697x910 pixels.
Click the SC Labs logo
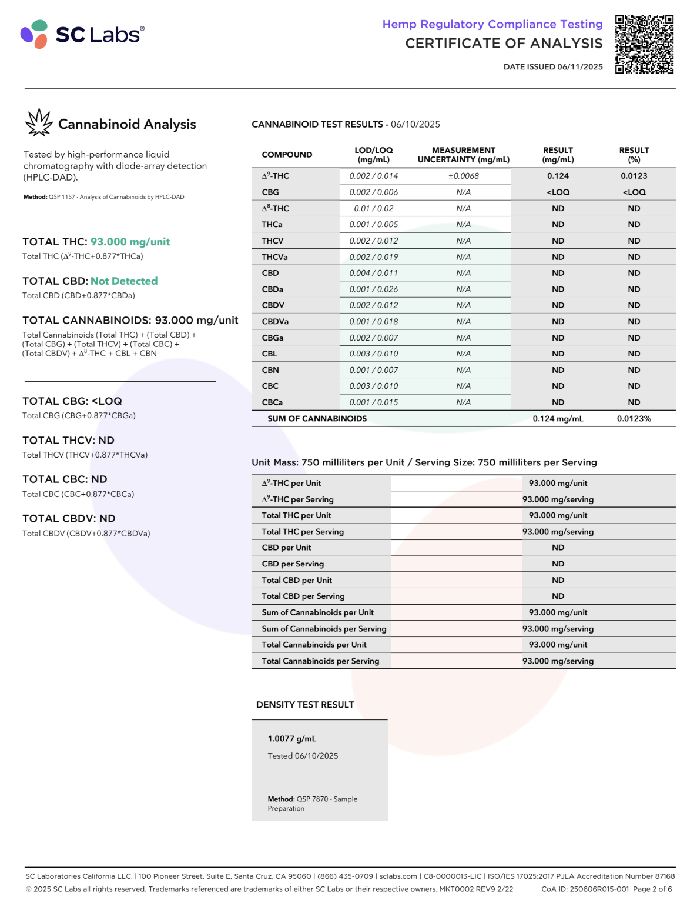coord(82,34)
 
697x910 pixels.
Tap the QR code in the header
coord(644,45)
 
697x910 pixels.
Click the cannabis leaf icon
coord(39,123)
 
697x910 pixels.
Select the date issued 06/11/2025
coord(553,67)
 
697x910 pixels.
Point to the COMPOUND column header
coord(287,155)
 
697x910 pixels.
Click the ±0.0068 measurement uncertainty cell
coord(463,176)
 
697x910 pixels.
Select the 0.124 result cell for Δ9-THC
coord(558,176)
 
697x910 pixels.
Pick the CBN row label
coord(270,370)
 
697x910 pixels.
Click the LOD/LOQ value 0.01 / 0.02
coord(373,208)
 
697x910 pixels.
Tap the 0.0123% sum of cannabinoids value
coord(634,419)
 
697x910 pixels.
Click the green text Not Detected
coord(124,281)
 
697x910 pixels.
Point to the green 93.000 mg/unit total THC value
coord(130,242)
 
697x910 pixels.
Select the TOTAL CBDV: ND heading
coord(69,518)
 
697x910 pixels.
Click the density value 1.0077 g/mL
coord(291,739)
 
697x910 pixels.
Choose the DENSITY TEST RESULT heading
coord(305,705)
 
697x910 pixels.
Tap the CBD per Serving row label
coord(293,564)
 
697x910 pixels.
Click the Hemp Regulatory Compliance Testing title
coord(492,24)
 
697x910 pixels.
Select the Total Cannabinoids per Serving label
coord(320,661)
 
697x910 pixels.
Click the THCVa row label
coord(274,257)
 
